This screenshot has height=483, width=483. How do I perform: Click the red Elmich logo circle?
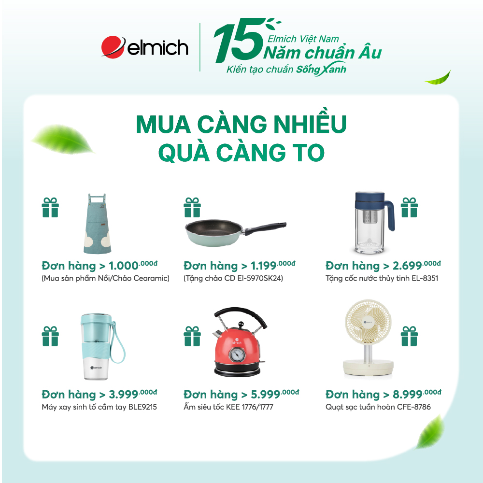(113, 47)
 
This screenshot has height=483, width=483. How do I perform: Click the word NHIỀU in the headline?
(310, 124)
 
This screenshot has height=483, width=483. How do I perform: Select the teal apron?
(97, 223)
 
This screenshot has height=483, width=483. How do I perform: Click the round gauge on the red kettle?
(237, 354)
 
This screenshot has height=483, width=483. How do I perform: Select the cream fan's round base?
(368, 368)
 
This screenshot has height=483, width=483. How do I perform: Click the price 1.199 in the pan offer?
(263, 266)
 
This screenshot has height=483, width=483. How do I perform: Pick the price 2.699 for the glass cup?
(407, 266)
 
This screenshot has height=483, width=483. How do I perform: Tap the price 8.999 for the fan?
(407, 394)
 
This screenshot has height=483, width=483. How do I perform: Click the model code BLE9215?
(142, 407)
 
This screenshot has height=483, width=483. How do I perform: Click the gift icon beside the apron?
(50, 208)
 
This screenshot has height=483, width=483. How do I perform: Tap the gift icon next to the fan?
(410, 336)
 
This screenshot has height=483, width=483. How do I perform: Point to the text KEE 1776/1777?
(250, 407)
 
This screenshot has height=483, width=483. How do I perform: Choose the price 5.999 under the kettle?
(266, 394)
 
